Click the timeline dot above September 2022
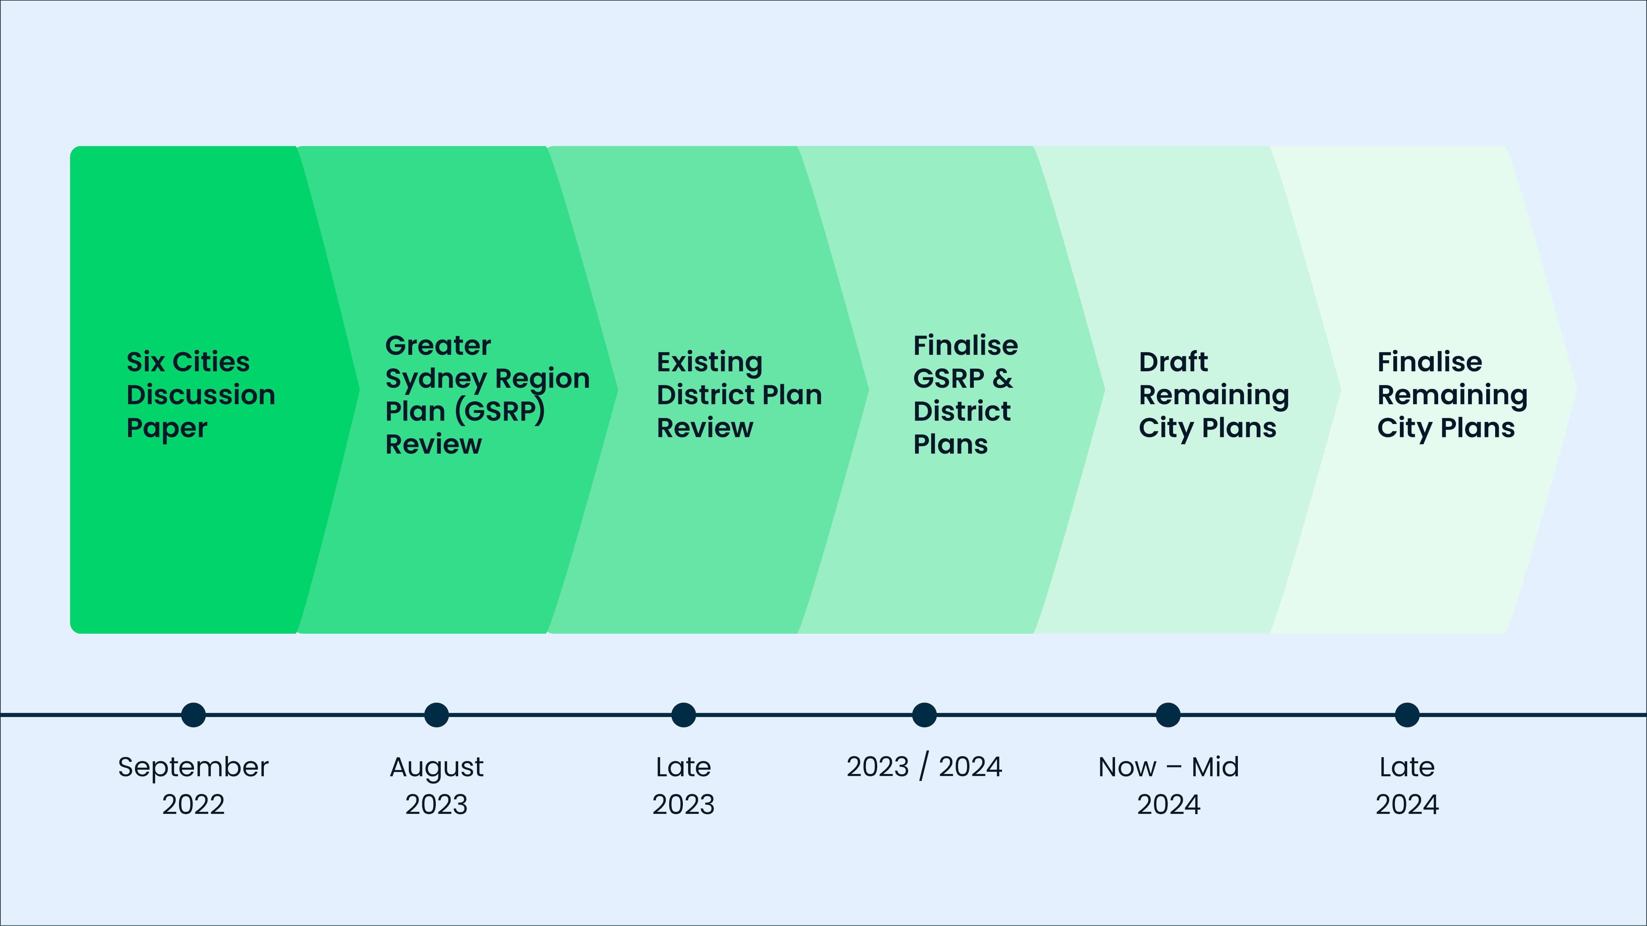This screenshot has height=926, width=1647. [x=194, y=715]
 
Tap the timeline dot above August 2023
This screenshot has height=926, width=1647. [x=437, y=715]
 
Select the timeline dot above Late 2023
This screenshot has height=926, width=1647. [x=684, y=715]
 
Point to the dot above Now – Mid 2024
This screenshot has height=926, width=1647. [x=1168, y=715]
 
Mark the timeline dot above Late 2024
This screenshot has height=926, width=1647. [x=1407, y=715]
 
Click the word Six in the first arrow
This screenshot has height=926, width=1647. [x=146, y=362]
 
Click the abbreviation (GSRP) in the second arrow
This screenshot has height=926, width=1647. [x=500, y=412]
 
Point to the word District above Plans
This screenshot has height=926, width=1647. [x=962, y=412]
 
